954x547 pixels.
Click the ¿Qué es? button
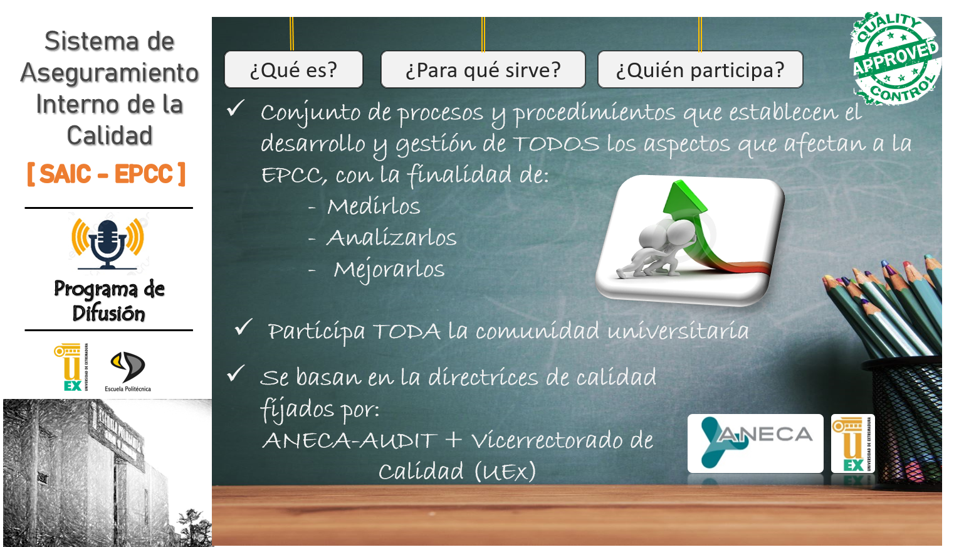293,70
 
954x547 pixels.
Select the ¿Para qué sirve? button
483,70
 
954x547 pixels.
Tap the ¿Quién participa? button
700,70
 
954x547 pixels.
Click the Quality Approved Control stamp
894,58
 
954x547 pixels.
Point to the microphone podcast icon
108,243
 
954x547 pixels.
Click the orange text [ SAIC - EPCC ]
107,174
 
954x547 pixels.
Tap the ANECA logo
755,443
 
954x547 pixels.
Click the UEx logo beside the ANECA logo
852,443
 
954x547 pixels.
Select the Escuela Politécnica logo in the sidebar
128,371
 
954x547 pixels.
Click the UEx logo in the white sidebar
70,368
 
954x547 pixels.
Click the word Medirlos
374,206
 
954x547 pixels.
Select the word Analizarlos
392,238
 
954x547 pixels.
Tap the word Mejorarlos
389,269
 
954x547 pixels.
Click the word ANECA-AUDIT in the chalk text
349,440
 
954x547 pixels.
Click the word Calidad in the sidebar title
110,135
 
